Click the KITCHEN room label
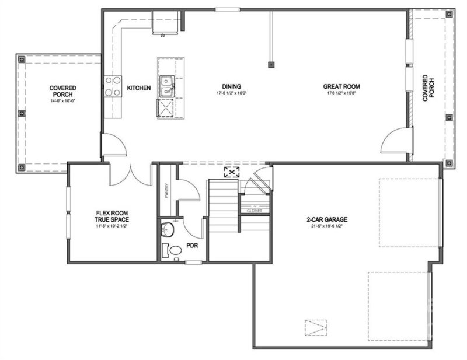coord(139,88)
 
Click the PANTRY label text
coord(166,190)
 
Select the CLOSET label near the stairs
coord(254,211)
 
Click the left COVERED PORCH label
coord(63,91)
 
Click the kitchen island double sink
coord(167,86)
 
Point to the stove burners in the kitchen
coord(112,87)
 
